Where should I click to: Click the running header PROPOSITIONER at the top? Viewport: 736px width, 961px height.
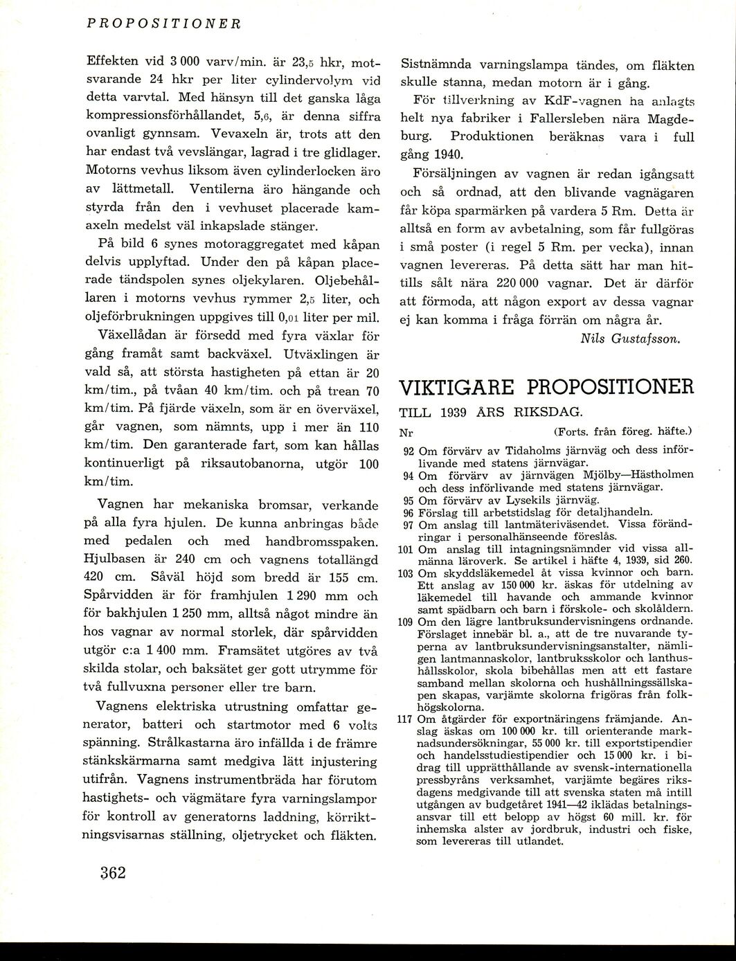pyautogui.click(x=163, y=22)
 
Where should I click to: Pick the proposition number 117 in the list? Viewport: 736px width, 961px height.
pyautogui.click(x=406, y=718)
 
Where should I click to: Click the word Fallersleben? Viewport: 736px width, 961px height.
pyautogui.click(x=549, y=119)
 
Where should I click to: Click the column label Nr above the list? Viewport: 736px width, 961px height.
pyautogui.click(x=406, y=433)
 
